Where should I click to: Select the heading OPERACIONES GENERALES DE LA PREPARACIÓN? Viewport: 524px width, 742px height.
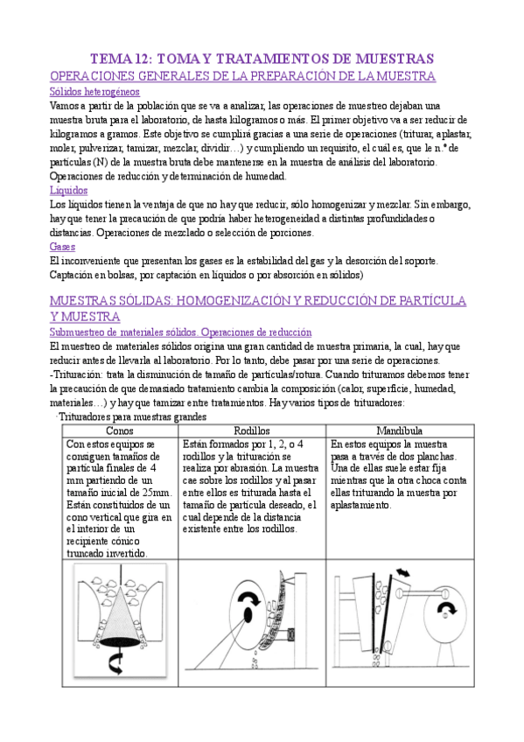(x=243, y=76)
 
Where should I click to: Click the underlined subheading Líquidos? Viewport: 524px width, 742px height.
(x=69, y=189)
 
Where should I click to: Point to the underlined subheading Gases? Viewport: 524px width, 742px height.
(x=63, y=247)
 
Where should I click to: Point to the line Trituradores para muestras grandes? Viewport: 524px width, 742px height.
(x=130, y=417)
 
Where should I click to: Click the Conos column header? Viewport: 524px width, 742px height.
(x=121, y=430)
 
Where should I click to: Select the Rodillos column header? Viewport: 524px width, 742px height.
(x=253, y=430)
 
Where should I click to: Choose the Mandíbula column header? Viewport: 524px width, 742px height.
(x=400, y=430)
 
